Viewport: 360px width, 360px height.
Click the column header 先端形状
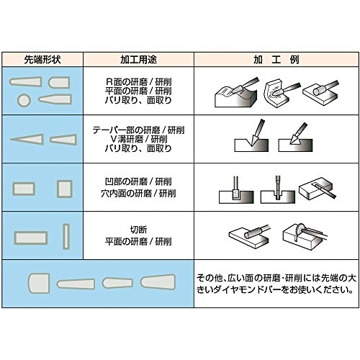(42, 60)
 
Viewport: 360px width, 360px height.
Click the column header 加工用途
(138, 60)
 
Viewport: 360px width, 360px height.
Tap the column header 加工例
(276, 60)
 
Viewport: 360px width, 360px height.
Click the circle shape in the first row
(24, 100)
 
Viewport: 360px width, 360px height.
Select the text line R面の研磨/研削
(138, 82)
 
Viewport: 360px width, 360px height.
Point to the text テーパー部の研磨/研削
(138, 130)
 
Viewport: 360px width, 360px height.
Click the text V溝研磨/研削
(138, 139)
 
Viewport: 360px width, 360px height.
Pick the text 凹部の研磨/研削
(138, 181)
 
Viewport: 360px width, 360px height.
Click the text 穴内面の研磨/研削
(138, 193)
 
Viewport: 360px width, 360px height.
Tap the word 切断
(138, 230)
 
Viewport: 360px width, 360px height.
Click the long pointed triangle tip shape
(27, 139)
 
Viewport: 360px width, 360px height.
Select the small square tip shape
(64, 189)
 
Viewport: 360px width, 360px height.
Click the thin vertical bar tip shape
(66, 237)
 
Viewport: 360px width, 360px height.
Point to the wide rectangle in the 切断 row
(31, 238)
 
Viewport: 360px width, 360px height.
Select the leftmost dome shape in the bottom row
(39, 283)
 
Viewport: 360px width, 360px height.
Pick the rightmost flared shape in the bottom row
(158, 282)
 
